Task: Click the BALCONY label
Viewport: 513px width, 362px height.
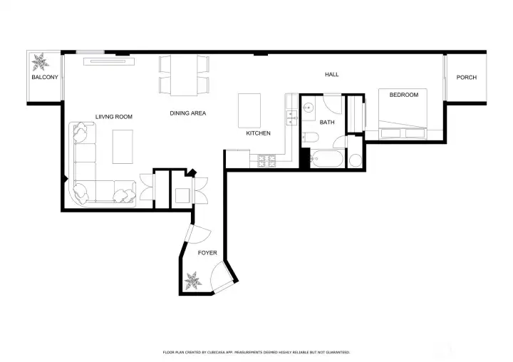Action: pyautogui.click(x=45, y=77)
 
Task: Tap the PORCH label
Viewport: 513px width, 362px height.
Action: pyautogui.click(x=466, y=78)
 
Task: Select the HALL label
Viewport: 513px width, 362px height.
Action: pyautogui.click(x=332, y=75)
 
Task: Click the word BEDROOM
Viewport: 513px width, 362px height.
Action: pyautogui.click(x=404, y=95)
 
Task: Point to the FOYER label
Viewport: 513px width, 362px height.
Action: pyautogui.click(x=207, y=253)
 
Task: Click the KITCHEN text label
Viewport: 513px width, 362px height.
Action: pyautogui.click(x=258, y=133)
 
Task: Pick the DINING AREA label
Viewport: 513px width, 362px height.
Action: pyautogui.click(x=188, y=113)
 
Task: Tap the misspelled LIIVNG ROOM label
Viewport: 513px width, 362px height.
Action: pyautogui.click(x=114, y=117)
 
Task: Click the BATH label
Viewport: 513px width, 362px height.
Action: pyautogui.click(x=327, y=123)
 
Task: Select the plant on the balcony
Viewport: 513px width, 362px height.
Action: pyautogui.click(x=40, y=62)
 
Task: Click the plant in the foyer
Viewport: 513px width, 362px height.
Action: pyautogui.click(x=192, y=281)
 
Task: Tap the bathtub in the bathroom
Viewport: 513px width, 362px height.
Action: pyautogui.click(x=327, y=159)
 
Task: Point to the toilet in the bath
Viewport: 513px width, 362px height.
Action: pyautogui.click(x=310, y=137)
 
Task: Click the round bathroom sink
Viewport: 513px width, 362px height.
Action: pyautogui.click(x=308, y=107)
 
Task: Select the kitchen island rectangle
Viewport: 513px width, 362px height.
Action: pyautogui.click(x=249, y=110)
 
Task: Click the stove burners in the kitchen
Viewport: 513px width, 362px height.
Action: pyautogui.click(x=267, y=160)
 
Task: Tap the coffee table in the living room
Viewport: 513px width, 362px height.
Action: pyautogui.click(x=123, y=147)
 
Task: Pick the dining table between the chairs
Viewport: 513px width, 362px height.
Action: pyautogui.click(x=184, y=76)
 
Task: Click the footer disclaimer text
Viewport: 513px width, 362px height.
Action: pyautogui.click(x=256, y=353)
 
